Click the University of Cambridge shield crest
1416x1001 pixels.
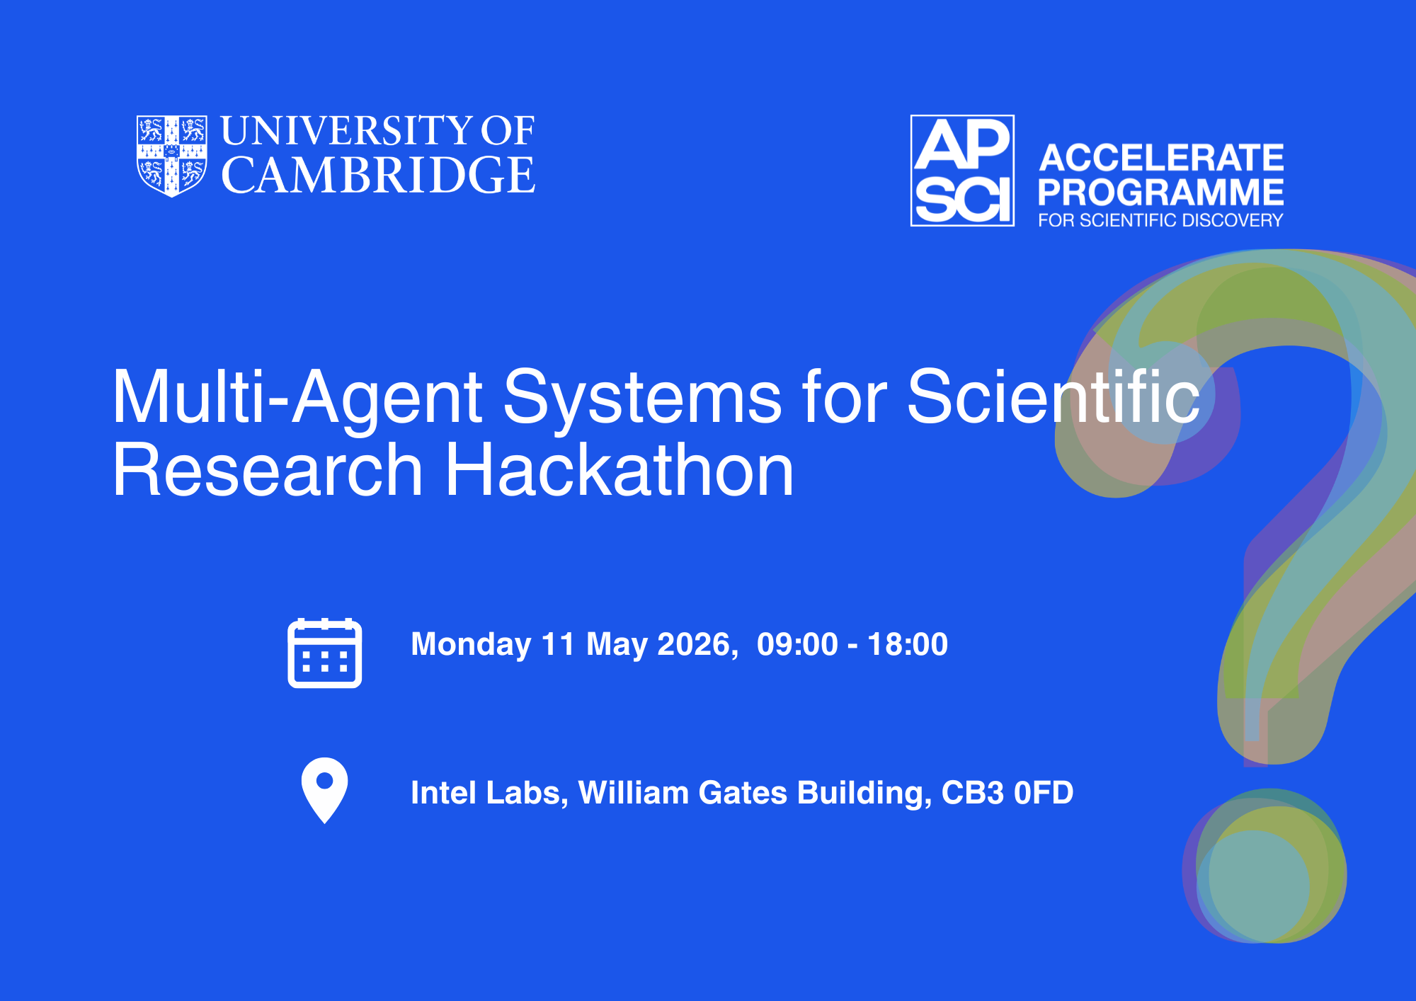click(172, 156)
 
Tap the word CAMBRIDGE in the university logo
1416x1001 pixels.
click(379, 176)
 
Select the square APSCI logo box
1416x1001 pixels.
click(962, 171)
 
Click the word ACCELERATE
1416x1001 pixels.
click(1161, 157)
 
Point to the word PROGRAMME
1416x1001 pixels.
click(1161, 192)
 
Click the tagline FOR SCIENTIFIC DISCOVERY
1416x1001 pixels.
click(1161, 220)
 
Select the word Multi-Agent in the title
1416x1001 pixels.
click(298, 398)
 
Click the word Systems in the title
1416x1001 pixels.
click(643, 398)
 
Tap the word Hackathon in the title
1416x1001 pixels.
click(619, 470)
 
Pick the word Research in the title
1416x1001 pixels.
click(268, 470)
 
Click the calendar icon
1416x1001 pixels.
click(325, 653)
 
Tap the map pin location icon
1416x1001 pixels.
click(324, 791)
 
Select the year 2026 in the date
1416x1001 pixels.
click(697, 645)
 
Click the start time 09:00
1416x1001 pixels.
click(797, 645)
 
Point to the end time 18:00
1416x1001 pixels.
click(908, 645)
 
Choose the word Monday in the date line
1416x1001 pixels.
click(471, 645)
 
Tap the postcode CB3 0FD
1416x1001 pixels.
click(1007, 793)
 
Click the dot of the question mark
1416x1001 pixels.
click(1264, 866)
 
